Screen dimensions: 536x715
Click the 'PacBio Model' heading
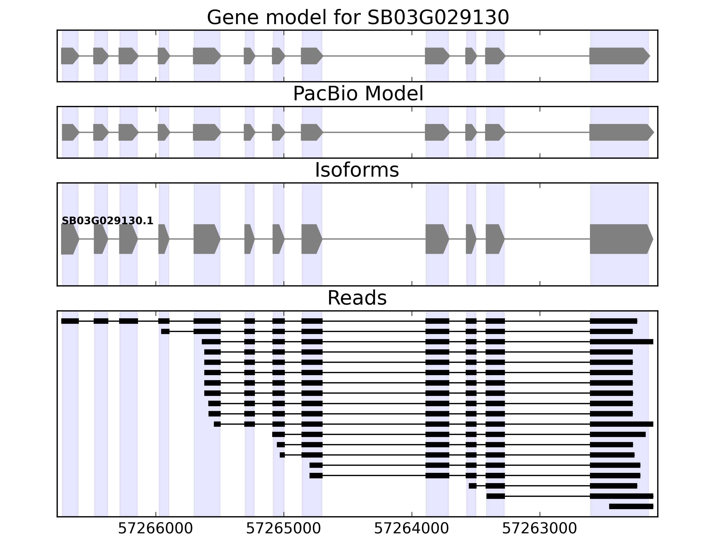point(358,94)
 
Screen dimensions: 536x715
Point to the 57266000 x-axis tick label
point(156,529)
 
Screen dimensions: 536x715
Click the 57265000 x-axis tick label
point(284,529)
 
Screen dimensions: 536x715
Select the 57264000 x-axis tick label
point(412,529)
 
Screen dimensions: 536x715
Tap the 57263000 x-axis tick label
point(539,529)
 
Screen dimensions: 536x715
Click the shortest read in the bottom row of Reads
point(631,506)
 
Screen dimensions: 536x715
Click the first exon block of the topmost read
point(70,321)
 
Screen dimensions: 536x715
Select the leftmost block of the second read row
point(165,331)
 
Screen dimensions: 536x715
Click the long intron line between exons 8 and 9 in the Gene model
point(374,56)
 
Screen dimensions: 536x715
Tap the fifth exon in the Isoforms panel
point(206,239)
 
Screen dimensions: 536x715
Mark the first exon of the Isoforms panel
point(69,239)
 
